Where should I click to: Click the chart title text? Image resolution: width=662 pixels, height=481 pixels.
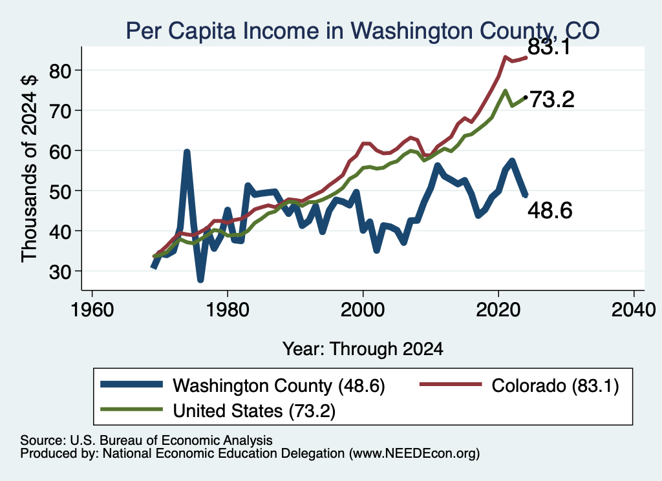(x=363, y=31)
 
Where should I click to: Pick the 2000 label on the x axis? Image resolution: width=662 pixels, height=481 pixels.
(x=363, y=310)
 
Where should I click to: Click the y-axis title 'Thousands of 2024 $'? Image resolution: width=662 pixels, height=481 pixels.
(x=29, y=169)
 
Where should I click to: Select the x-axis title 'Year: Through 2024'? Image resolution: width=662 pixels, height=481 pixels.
(x=363, y=349)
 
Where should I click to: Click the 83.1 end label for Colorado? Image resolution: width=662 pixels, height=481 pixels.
(x=550, y=46)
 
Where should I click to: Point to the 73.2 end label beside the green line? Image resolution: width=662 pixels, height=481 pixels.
(x=551, y=100)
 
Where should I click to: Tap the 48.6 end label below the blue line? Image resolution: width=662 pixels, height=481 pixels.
(x=550, y=210)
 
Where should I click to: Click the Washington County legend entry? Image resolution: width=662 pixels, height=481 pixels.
(x=243, y=385)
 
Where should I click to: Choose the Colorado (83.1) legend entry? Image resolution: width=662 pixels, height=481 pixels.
(x=519, y=385)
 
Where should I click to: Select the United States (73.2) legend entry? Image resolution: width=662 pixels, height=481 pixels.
(x=218, y=411)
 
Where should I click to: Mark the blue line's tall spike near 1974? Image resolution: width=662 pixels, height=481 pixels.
(x=187, y=152)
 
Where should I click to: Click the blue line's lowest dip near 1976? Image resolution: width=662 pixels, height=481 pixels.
(x=200, y=280)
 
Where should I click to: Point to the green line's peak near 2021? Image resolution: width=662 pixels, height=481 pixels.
(x=505, y=90)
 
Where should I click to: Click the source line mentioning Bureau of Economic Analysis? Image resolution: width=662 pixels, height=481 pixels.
(x=146, y=440)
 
